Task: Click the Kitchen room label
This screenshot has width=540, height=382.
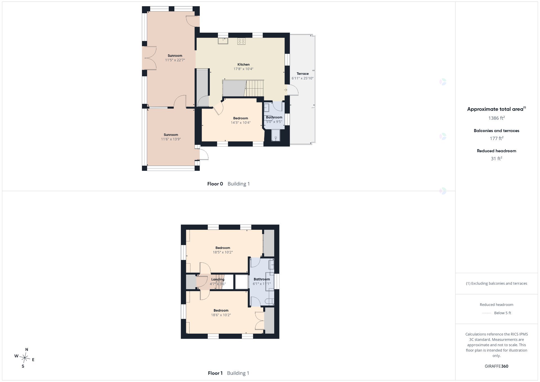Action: pos(243,64)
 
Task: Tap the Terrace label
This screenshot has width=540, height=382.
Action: pos(303,74)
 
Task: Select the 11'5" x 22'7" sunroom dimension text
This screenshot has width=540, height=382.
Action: pos(175,60)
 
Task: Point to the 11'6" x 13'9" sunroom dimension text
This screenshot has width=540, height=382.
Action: pos(171,139)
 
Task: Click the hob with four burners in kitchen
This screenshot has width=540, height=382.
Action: pos(241,41)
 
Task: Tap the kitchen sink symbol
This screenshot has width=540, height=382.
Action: pos(223,41)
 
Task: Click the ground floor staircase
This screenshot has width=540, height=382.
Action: pos(255,88)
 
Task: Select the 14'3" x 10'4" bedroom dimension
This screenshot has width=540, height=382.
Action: pos(241,123)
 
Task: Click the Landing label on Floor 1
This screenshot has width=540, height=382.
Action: pos(218,279)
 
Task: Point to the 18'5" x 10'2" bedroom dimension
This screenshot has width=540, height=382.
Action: pos(223,252)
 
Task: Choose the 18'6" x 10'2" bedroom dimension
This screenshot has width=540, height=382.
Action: pos(221,315)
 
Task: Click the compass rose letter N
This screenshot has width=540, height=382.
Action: pos(27,350)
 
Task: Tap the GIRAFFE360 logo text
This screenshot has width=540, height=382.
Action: pos(496,366)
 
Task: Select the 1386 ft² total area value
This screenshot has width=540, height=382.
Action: pos(496,118)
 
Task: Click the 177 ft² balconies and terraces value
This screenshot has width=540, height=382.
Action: pos(496,138)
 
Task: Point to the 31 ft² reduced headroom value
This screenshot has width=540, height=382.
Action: pos(496,159)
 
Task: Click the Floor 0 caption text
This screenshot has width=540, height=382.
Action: pos(215,184)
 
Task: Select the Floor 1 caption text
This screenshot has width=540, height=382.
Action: pos(215,373)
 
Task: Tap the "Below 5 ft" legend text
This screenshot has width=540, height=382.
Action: pos(503,313)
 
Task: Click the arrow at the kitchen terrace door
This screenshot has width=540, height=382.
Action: pos(286,90)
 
